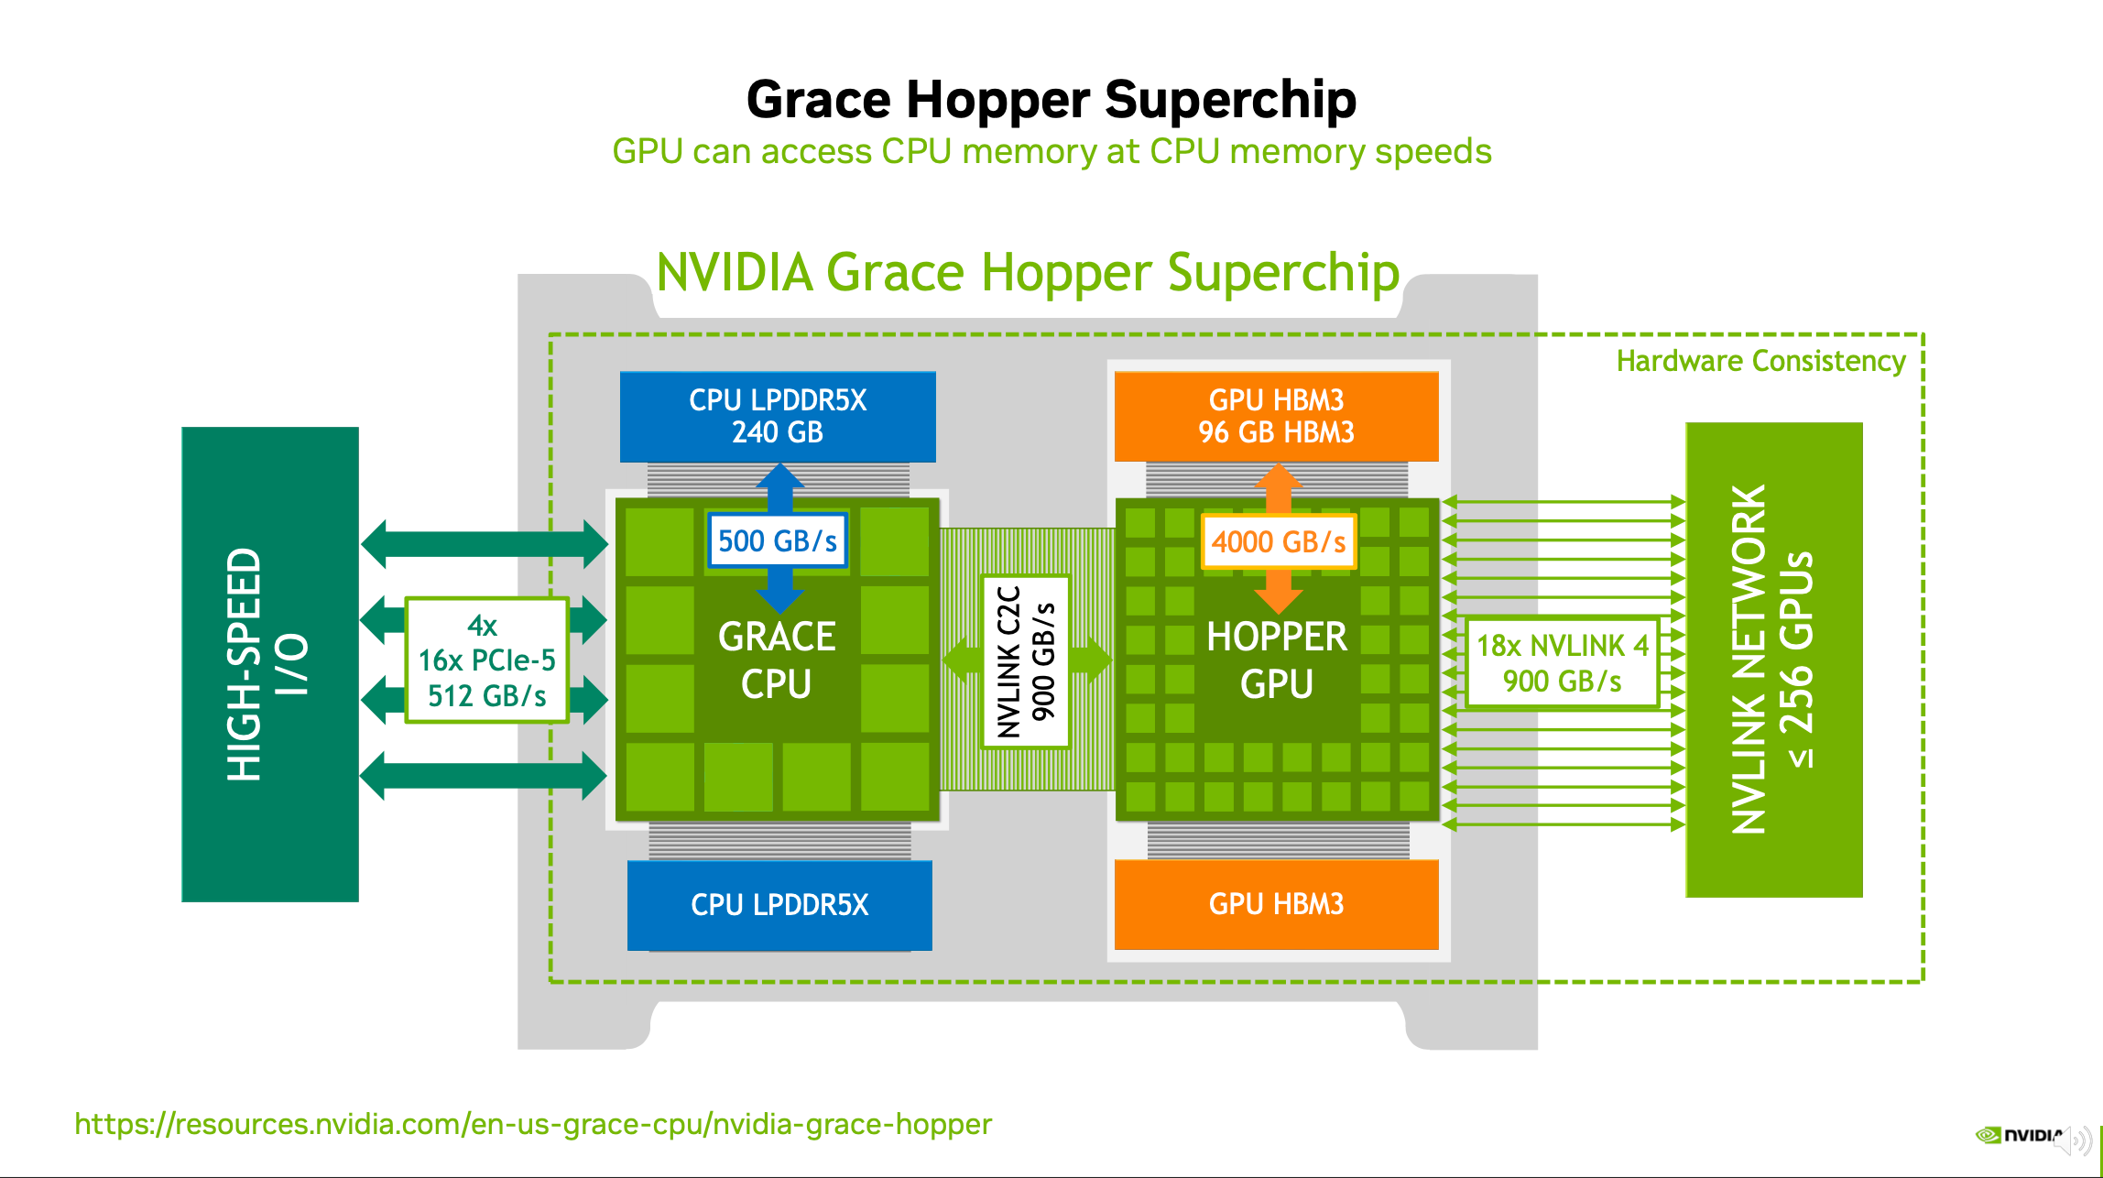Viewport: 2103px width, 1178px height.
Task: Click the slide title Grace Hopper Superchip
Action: (x=1051, y=99)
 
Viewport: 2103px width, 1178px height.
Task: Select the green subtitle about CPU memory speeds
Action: (x=1051, y=151)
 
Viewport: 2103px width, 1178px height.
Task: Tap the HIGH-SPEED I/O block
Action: (x=270, y=664)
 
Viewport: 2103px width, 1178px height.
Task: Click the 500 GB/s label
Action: (x=778, y=540)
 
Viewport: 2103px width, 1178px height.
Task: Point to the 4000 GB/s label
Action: (x=1279, y=541)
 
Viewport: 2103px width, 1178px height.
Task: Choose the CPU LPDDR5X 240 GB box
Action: (x=778, y=417)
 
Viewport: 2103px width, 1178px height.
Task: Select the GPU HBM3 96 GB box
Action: (x=1277, y=416)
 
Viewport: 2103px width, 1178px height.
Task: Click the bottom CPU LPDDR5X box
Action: (x=779, y=905)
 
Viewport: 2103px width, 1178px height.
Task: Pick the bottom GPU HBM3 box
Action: (x=1277, y=904)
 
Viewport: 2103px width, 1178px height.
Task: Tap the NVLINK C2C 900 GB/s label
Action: (x=1026, y=661)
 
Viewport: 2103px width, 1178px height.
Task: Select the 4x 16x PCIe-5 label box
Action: (x=487, y=660)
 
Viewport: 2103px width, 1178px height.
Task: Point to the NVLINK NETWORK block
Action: (x=1774, y=660)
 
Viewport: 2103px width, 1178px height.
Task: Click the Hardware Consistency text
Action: (x=1760, y=361)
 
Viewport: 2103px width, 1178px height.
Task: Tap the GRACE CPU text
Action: (x=777, y=660)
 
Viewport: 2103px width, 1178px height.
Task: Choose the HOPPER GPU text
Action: (x=1277, y=660)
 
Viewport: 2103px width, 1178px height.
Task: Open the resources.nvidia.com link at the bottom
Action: (x=533, y=1124)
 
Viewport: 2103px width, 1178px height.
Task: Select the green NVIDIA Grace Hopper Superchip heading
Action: (x=1028, y=273)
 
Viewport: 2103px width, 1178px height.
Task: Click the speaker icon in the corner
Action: (x=2075, y=1140)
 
